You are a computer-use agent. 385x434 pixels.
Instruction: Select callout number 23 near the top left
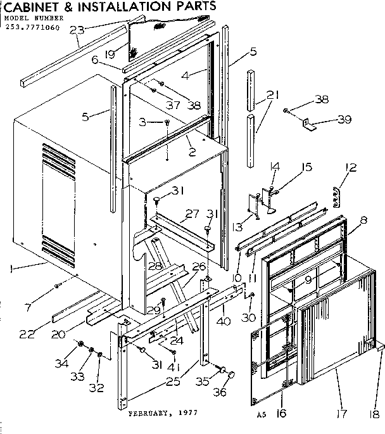pyautogui.click(x=77, y=29)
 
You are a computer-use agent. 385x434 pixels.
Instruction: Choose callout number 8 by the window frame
pyautogui.click(x=363, y=221)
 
